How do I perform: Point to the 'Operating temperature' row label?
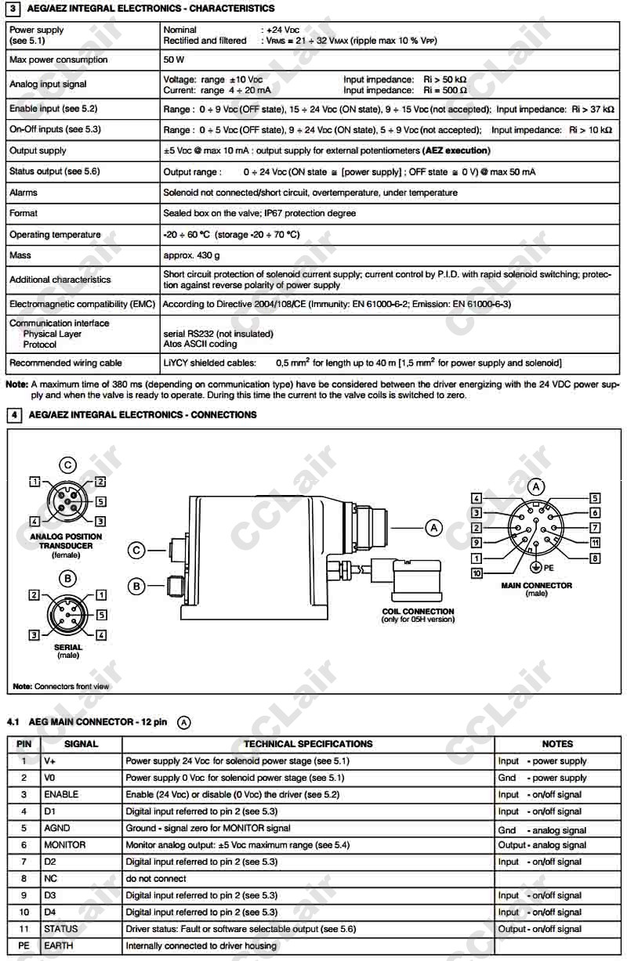[55, 234]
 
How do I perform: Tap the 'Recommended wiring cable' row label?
[66, 363]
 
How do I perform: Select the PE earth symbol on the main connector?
[535, 565]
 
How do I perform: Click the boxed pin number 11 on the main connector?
[595, 542]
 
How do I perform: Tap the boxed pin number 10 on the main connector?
[476, 573]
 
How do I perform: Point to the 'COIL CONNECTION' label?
[418, 611]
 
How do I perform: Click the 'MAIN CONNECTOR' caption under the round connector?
[537, 585]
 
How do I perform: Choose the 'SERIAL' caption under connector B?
[68, 647]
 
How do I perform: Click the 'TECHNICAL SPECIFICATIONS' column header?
[308, 744]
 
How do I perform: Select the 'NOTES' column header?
[557, 744]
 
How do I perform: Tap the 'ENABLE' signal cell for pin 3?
[61, 794]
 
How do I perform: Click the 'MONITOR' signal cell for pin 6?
[64, 845]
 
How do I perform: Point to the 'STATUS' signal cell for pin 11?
[61, 929]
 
